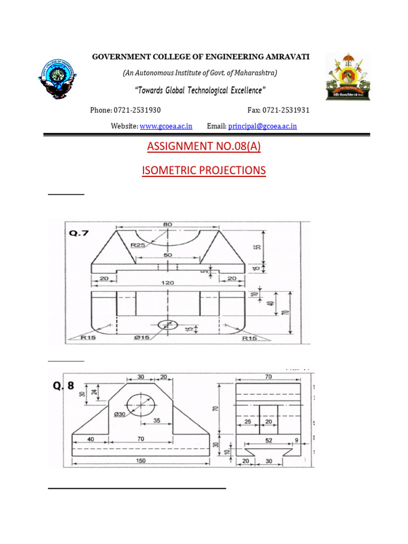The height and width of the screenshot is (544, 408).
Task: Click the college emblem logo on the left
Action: click(59, 78)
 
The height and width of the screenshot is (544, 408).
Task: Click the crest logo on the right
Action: click(347, 78)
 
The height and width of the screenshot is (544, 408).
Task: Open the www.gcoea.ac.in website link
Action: click(166, 126)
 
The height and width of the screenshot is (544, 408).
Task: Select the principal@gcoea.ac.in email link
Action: click(262, 126)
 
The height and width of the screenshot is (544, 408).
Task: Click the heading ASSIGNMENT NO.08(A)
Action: click(203, 146)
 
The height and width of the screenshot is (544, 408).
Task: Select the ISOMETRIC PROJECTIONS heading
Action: click(203, 171)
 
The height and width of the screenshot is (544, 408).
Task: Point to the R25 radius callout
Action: click(138, 245)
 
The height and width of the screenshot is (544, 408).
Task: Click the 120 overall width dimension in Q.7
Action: click(168, 283)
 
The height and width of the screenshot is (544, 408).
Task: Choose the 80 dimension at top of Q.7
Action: click(168, 224)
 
